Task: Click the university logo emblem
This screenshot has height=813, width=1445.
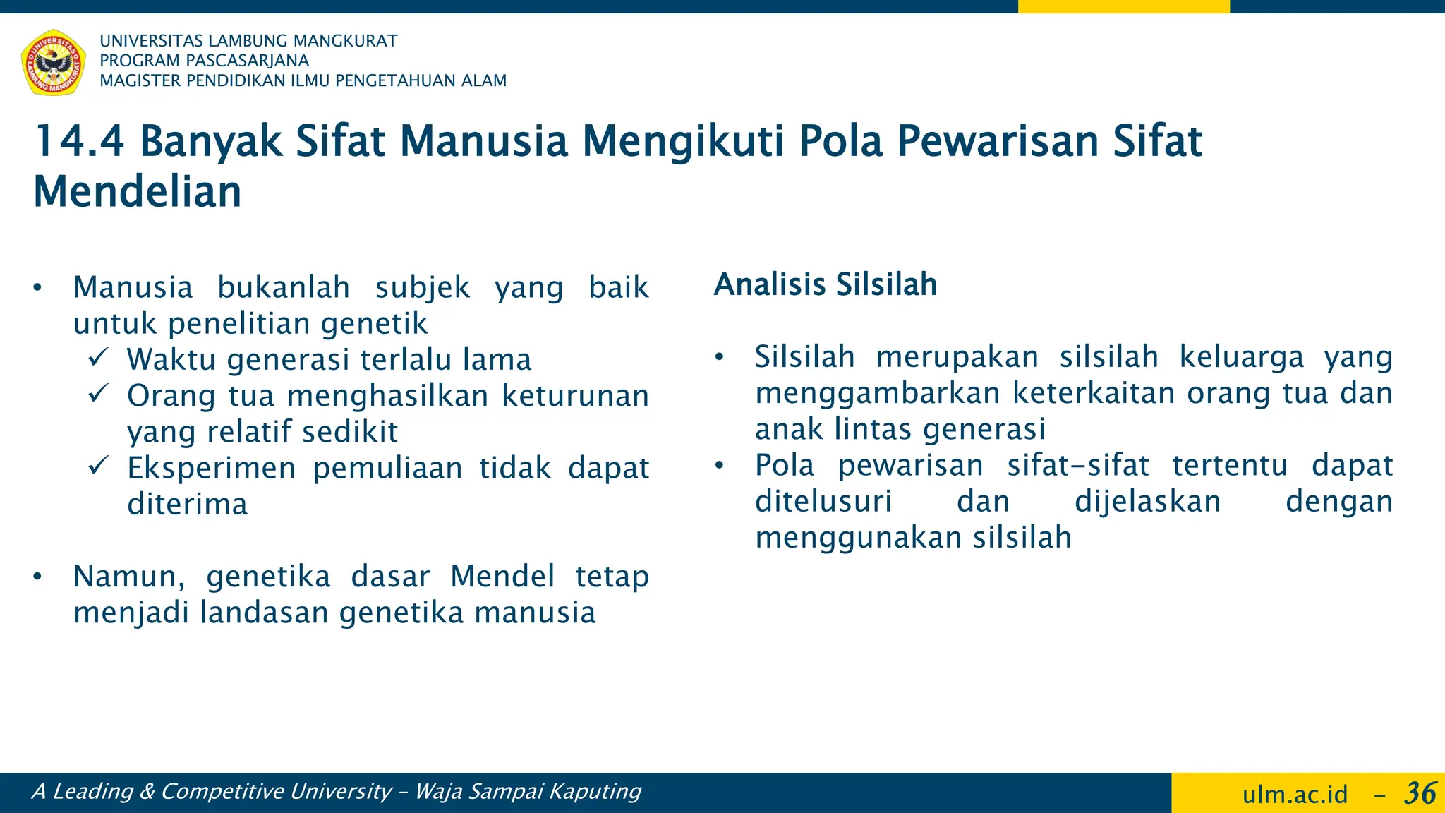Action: pos(54,62)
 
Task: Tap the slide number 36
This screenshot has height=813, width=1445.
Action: pos(1420,793)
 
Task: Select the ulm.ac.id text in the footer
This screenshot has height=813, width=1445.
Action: pos(1295,795)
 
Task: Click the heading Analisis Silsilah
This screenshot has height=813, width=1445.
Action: pos(825,284)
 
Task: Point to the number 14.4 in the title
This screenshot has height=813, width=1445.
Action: pos(79,141)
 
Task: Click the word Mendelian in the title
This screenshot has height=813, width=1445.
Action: pos(138,192)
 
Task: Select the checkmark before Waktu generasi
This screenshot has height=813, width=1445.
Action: pos(98,356)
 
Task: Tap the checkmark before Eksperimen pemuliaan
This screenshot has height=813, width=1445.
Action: pos(98,465)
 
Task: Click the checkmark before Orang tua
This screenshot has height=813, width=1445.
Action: pos(98,392)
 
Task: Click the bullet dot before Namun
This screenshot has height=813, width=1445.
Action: pos(37,577)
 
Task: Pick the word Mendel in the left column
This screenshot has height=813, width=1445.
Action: pos(502,576)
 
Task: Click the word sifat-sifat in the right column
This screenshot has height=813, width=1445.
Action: pos(1077,466)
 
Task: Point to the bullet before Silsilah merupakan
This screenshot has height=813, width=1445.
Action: pos(719,358)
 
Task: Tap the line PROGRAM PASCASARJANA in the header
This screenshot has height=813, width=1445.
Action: pos(205,61)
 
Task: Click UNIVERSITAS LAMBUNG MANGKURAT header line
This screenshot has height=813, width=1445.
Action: pos(248,41)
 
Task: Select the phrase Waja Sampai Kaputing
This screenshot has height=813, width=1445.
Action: pos(528,792)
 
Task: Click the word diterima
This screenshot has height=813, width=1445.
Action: pos(188,504)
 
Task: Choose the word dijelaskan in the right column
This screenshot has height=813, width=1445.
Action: pos(1147,502)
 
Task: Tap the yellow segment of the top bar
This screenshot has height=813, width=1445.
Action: pos(1123,6)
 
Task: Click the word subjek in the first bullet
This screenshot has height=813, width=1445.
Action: pos(422,287)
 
